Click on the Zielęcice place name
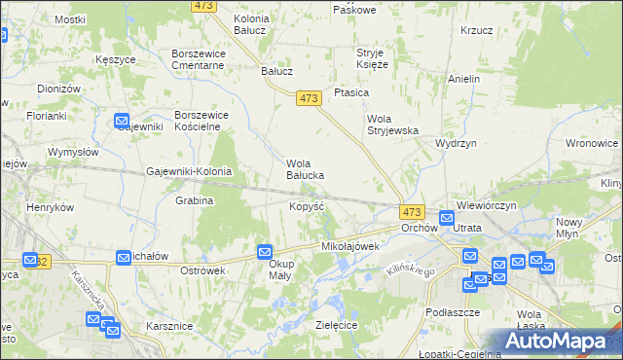337,324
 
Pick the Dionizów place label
57,89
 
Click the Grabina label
195,201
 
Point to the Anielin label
464,79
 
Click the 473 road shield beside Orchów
411,212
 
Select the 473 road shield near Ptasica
310,97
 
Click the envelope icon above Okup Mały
265,251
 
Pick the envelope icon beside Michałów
124,257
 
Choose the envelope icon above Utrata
446,218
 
